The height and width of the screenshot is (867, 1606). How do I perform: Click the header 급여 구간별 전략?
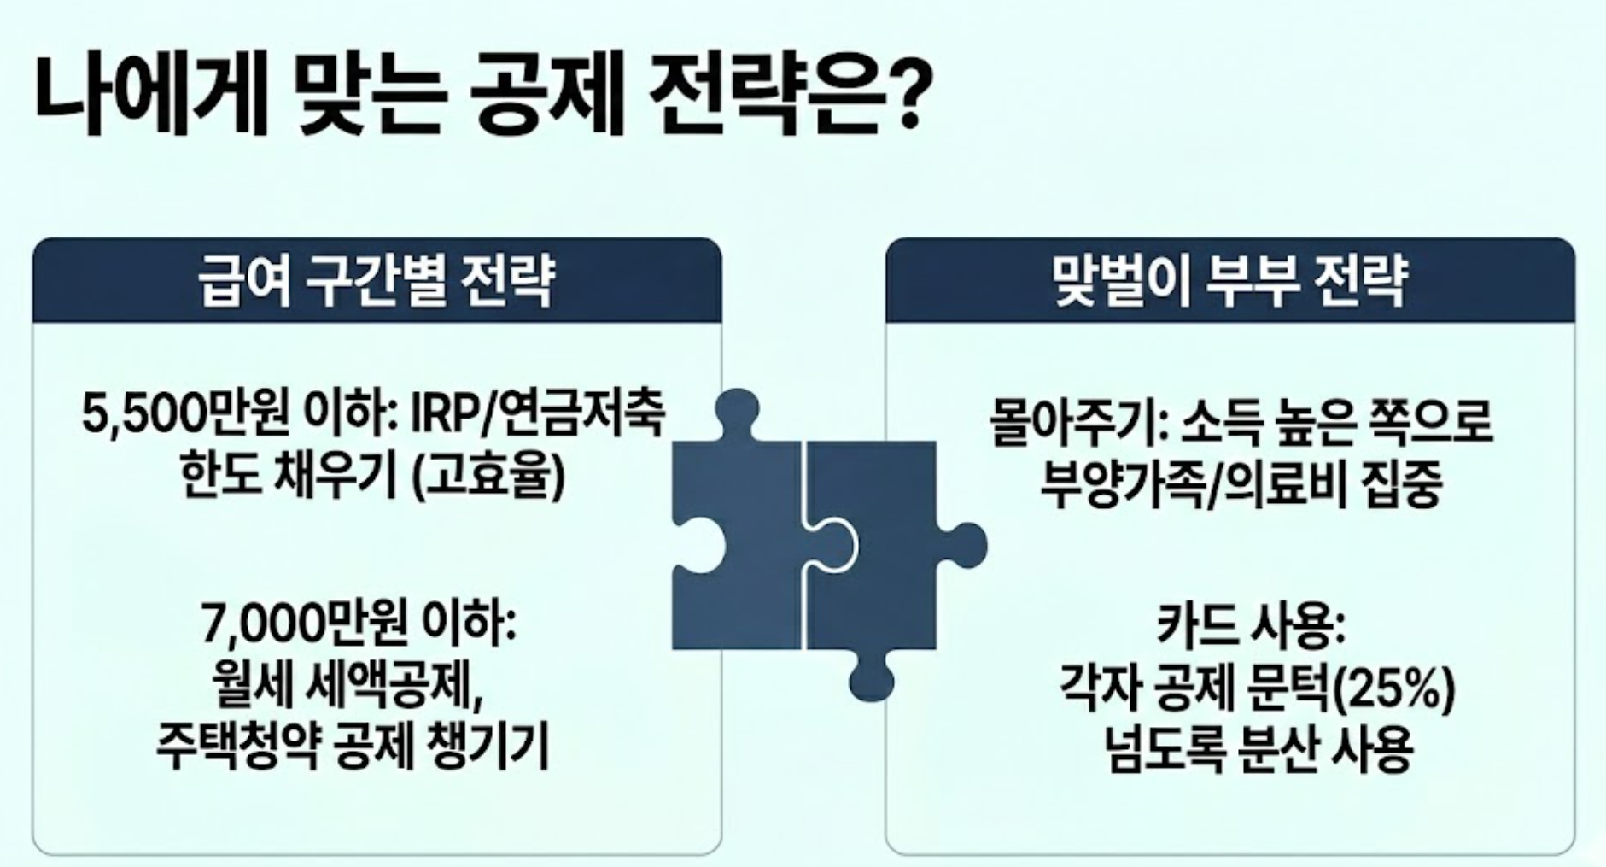coord(377,280)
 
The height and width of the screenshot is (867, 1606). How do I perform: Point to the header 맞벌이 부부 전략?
coord(1229,280)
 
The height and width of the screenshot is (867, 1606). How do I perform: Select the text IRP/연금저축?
coord(537,416)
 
